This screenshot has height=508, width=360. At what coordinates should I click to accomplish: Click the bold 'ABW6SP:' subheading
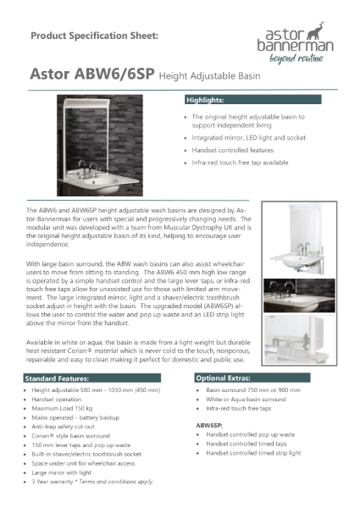pos(210,424)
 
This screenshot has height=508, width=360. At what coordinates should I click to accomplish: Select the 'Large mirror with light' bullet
pos(71,472)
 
